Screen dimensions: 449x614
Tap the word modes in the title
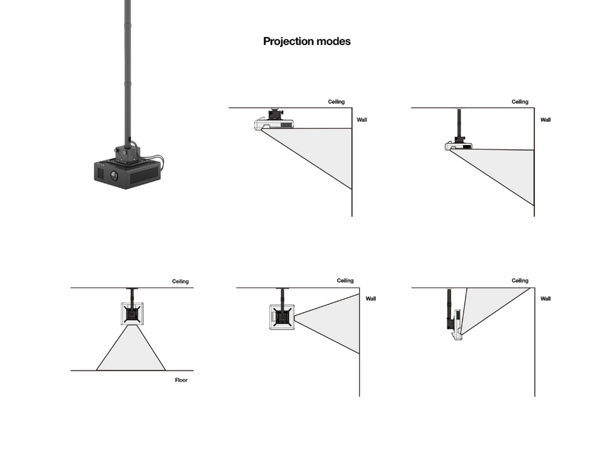pos(334,42)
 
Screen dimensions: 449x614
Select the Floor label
pos(182,380)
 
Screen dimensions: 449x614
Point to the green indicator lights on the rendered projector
pos(100,171)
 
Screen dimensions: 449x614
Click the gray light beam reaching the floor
pos(131,352)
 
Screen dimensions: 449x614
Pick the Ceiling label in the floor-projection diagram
pos(180,282)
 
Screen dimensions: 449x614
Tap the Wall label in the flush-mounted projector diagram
pos(362,120)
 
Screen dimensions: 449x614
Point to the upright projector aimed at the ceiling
pos(457,324)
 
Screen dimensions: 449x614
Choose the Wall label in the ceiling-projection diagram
pos(545,299)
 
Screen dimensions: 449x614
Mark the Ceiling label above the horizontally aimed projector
pos(345,281)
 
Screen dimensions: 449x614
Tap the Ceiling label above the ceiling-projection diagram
pos(520,281)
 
